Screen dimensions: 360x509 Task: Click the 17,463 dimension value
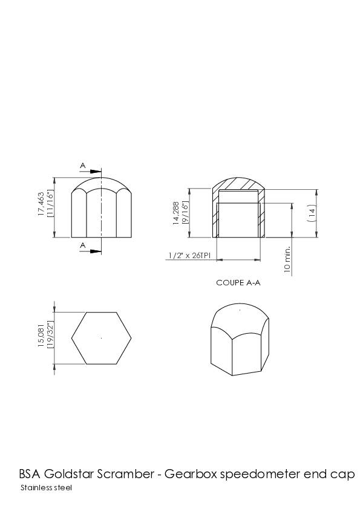41,204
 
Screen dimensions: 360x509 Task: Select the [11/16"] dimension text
50,204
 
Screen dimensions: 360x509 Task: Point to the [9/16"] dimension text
185,213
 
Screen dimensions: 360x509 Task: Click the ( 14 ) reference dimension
311,213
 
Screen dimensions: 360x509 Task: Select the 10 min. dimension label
287,259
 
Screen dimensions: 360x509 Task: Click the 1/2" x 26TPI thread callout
189,256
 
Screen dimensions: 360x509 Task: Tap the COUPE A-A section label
238,283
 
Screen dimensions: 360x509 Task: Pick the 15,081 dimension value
41,336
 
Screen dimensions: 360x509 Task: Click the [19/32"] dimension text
50,336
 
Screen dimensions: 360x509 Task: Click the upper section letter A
83,166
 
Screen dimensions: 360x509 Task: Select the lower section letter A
83,245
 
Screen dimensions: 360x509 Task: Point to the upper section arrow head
96,172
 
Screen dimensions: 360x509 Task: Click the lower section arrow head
96,251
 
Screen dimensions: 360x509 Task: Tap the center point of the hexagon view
102,339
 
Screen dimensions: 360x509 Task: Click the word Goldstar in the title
69,475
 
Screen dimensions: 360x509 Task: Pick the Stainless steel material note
46,488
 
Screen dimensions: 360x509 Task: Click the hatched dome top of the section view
238,183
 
